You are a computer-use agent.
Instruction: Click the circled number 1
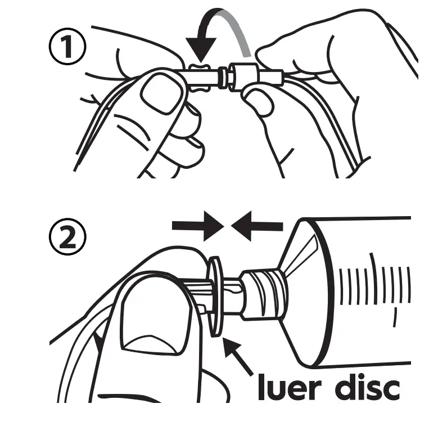point(67,46)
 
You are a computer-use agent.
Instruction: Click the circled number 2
point(67,236)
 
